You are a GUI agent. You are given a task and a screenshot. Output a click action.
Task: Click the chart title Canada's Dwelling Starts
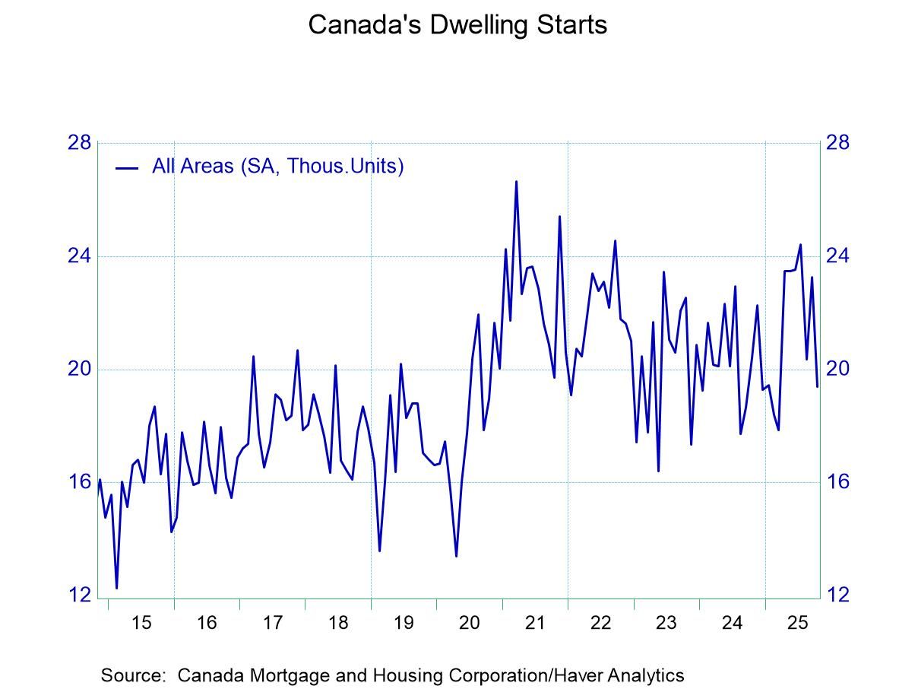457,24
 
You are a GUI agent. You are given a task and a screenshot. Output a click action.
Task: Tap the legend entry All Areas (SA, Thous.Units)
277,166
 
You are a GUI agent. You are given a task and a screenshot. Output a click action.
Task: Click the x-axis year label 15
141,624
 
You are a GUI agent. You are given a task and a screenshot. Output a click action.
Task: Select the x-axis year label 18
338,624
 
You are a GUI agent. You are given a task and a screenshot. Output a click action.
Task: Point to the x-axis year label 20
470,624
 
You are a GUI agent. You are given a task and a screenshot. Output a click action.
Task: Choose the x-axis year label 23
666,624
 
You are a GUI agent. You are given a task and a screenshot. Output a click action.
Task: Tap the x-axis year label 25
797,624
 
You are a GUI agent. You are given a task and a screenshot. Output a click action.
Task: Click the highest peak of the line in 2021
516,182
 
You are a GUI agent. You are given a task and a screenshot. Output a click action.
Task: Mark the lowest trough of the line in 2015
116,587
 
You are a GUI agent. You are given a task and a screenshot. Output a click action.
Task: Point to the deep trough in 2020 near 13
456,556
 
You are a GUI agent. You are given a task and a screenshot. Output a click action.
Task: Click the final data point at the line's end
817,386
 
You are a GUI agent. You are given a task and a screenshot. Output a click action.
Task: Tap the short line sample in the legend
126,167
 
